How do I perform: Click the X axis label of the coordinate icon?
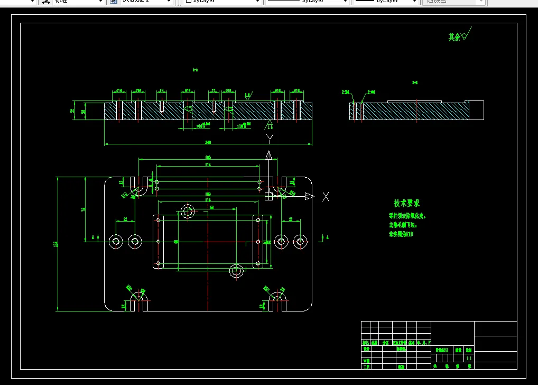pyautogui.click(x=326, y=197)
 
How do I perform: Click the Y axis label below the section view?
pyautogui.click(x=270, y=139)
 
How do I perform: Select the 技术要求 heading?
pyautogui.click(x=406, y=203)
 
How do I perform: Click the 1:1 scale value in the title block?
pyautogui.click(x=469, y=358)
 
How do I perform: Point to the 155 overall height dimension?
pyautogui.click(x=55, y=244)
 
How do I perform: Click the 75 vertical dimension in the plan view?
pyautogui.click(x=84, y=209)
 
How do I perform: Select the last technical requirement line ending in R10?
pyautogui.click(x=401, y=233)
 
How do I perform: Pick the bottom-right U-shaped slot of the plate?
pyautogui.click(x=277, y=302)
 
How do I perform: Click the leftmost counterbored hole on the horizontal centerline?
pyautogui.click(x=116, y=242)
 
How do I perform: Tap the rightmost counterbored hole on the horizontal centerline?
pyautogui.click(x=300, y=242)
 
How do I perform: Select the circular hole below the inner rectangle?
pyautogui.click(x=236, y=271)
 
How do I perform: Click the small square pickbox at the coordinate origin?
pyautogui.click(x=268, y=197)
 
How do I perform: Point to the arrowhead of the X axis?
pyautogui.click(x=310, y=197)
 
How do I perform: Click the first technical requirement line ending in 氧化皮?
pyautogui.click(x=407, y=216)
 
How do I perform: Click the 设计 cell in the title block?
pyautogui.click(x=366, y=349)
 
